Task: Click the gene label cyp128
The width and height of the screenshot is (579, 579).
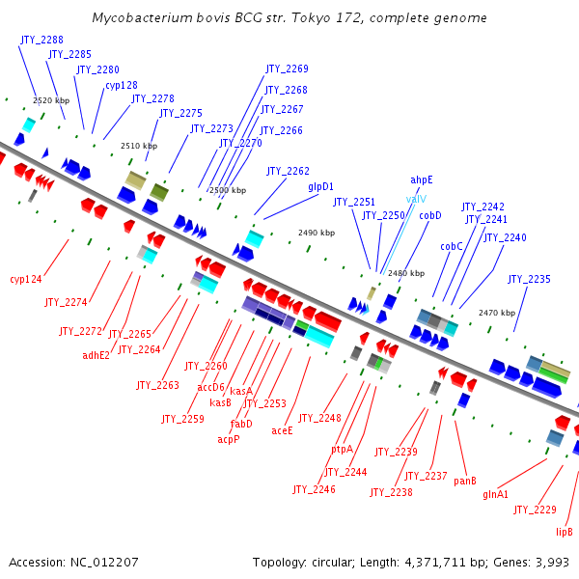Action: point(122,85)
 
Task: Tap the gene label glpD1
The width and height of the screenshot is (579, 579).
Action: point(321,186)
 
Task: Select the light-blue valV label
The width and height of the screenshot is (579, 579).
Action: point(416,199)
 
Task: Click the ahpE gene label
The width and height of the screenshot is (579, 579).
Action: point(422,179)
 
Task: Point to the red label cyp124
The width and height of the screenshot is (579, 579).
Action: point(26,280)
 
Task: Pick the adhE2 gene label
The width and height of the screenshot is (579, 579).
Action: point(96,354)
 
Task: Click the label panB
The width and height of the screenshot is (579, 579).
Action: point(465,481)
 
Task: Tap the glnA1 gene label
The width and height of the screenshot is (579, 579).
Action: point(496,494)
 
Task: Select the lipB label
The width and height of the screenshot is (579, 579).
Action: point(565,532)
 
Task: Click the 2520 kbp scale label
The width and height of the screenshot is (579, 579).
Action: point(51,100)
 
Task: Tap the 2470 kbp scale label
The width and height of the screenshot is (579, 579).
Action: point(497,313)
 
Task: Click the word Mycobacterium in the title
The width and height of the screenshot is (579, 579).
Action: point(142,18)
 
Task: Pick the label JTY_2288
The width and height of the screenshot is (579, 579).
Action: point(41,41)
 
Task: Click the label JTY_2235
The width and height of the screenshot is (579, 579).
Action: point(529,280)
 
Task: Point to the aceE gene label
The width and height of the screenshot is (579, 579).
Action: point(282,430)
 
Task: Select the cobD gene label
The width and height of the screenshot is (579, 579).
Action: point(429,215)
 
